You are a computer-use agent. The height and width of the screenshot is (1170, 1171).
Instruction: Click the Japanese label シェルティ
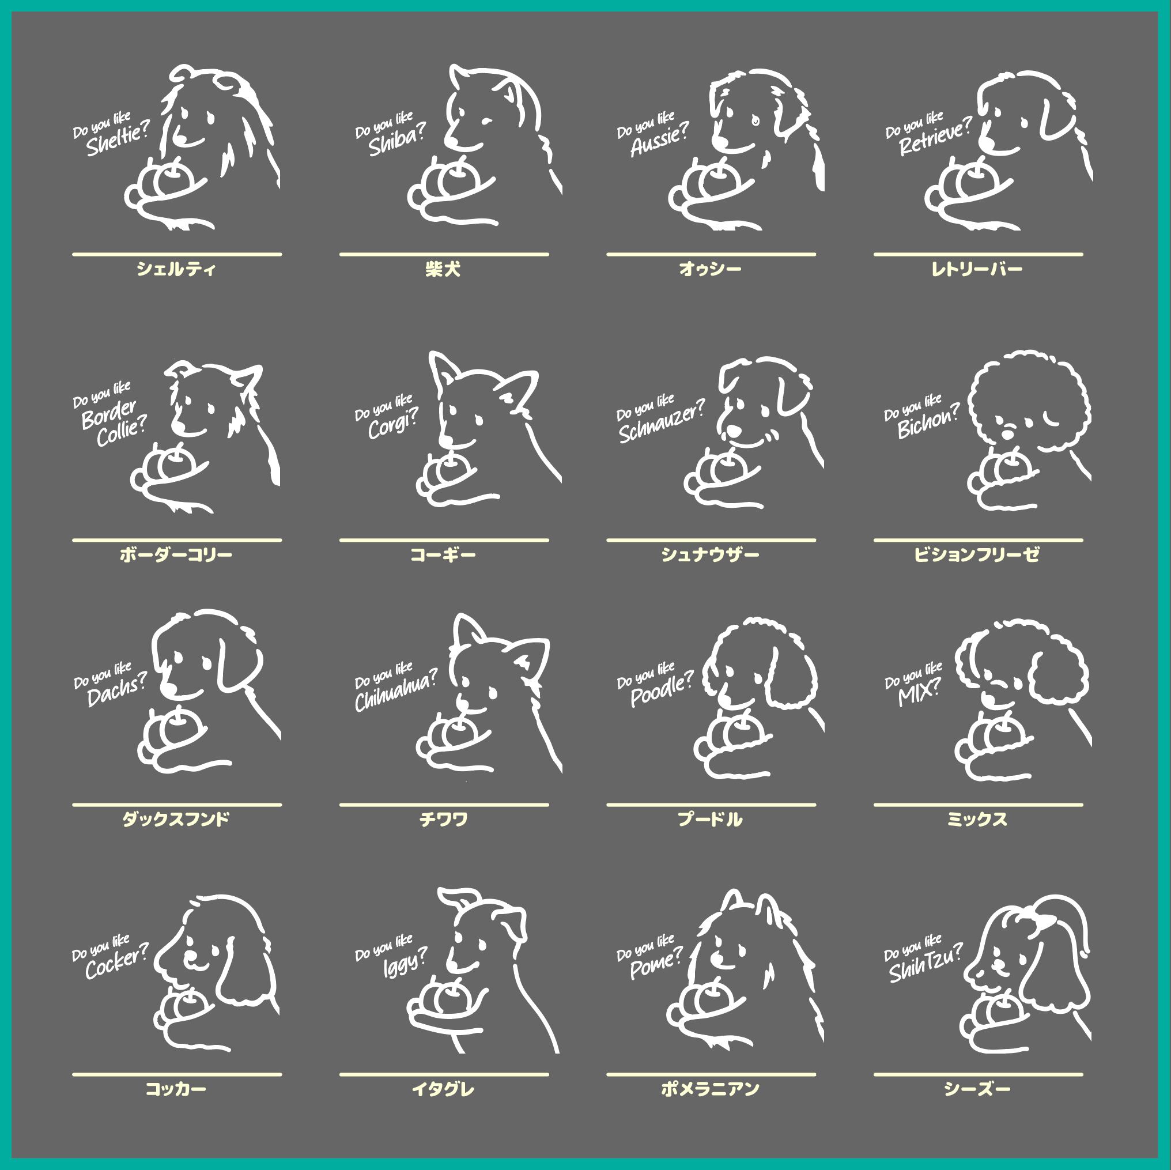point(176,269)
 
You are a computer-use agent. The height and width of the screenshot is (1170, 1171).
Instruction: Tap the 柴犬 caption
point(443,269)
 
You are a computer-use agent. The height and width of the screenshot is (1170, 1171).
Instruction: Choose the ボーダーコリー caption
point(176,554)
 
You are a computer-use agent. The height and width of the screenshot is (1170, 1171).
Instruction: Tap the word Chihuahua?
point(396,690)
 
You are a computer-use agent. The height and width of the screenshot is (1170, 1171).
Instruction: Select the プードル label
point(710,820)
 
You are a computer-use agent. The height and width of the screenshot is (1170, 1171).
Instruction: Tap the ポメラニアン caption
point(710,1089)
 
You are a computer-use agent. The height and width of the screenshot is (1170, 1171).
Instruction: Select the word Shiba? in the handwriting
point(397,140)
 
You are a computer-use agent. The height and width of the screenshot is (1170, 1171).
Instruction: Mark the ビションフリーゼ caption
point(977,554)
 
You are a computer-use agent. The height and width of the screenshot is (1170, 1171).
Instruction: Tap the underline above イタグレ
point(444,1074)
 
